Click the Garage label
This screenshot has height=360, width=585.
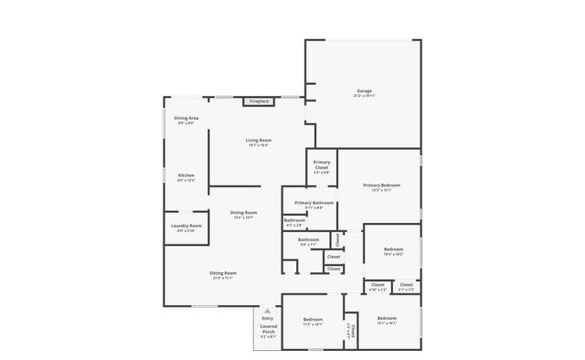pyautogui.click(x=364, y=91)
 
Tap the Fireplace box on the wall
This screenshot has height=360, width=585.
pyautogui.click(x=259, y=101)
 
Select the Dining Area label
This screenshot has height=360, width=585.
pyautogui.click(x=186, y=119)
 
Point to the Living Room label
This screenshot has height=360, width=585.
pyautogui.click(x=258, y=141)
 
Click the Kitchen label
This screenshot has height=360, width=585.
pyautogui.click(x=186, y=175)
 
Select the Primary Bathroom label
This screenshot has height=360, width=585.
pyautogui.click(x=314, y=203)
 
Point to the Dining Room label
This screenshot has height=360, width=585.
pyautogui.click(x=242, y=214)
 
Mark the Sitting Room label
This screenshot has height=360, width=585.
pyautogui.click(x=224, y=273)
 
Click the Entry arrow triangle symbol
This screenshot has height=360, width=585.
pyautogui.click(x=267, y=311)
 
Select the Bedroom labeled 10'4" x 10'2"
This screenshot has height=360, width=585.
pyautogui.click(x=393, y=249)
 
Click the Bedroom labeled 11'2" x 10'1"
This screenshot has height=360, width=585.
pyautogui.click(x=313, y=320)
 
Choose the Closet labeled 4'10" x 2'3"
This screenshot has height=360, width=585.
pyautogui.click(x=378, y=286)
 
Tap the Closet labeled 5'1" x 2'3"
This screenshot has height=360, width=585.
pyautogui.click(x=406, y=286)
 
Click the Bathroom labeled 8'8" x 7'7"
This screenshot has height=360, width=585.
pyautogui.click(x=307, y=240)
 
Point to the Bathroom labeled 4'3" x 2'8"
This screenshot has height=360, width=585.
pyautogui.click(x=294, y=220)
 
